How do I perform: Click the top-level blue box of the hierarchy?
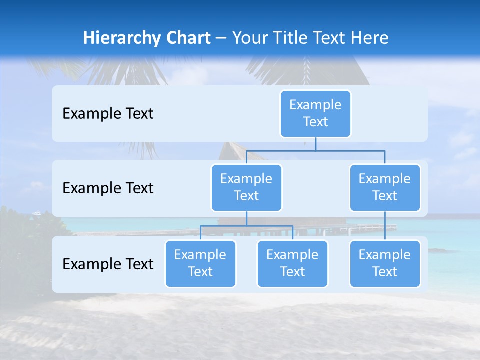pos(315,113)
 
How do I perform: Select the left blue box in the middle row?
pos(246,187)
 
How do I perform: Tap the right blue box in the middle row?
pos(385,187)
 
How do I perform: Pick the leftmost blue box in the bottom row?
pos(200,263)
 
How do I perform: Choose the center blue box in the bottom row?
pos(292,263)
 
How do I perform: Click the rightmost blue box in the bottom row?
pos(385,263)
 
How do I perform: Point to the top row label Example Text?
pos(108,113)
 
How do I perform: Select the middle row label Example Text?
pos(108,188)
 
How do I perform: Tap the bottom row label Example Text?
pos(108,264)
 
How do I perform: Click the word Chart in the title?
pos(186,38)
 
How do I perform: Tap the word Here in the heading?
pos(370,38)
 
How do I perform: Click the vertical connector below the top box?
pos(315,144)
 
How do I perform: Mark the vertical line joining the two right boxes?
pos(385,225)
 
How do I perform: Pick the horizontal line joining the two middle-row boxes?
pos(315,150)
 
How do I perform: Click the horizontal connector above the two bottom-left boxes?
pos(246,226)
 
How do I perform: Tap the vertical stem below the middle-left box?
pos(246,218)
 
